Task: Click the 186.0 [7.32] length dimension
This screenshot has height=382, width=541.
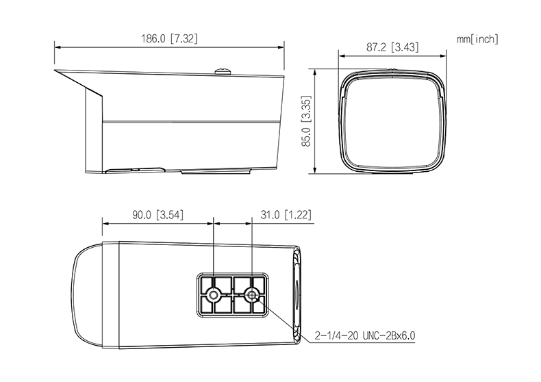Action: click(169, 38)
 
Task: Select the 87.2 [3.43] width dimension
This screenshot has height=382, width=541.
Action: click(392, 47)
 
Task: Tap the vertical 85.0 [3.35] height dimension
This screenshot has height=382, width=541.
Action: click(306, 121)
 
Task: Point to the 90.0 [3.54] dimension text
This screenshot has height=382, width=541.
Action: click(158, 215)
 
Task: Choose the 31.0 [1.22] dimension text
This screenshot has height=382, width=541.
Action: click(286, 215)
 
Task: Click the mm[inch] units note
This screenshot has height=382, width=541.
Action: click(478, 39)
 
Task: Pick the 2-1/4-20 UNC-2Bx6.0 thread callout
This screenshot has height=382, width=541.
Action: click(365, 335)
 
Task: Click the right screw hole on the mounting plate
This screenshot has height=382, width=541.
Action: click(251, 295)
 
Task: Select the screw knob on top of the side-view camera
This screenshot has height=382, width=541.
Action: click(223, 72)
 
